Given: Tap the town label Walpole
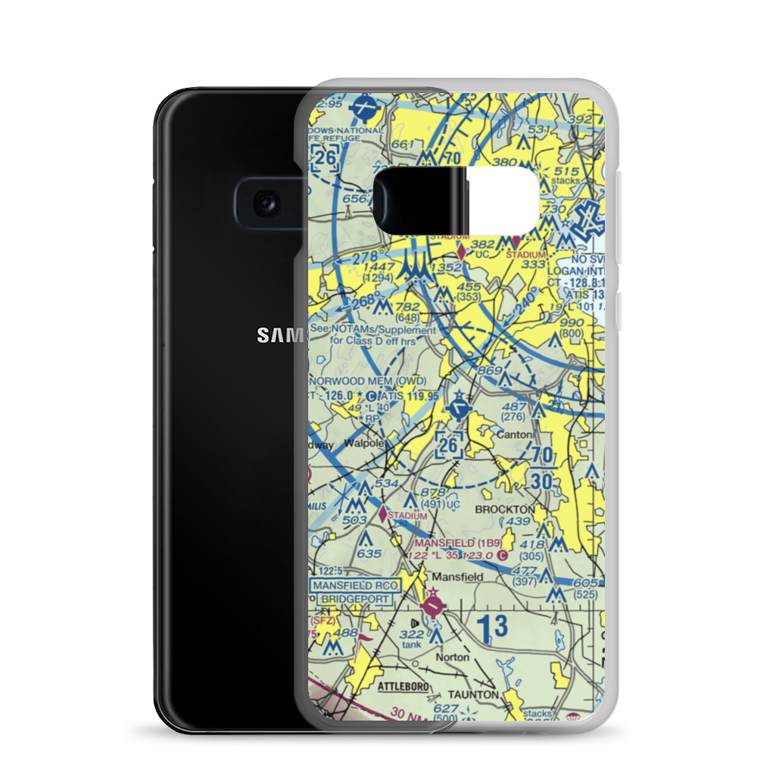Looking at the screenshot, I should click(360, 443).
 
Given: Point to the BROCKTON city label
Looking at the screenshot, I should click(504, 509).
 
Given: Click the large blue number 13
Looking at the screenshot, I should click(492, 627).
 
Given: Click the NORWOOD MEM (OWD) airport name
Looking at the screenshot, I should click(368, 380).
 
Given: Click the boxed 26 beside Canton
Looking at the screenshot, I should click(449, 446).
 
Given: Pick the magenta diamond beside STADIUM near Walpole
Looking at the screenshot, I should click(383, 514).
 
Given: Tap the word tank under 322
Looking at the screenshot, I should click(412, 644).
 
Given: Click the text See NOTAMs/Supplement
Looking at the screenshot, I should click(372, 330).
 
